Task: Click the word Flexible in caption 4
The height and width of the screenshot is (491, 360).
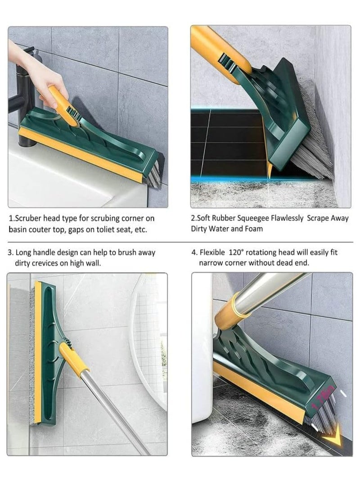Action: pyautogui.click(x=212, y=252)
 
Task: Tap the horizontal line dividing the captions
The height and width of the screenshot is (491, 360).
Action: pyautogui.click(x=180, y=242)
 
